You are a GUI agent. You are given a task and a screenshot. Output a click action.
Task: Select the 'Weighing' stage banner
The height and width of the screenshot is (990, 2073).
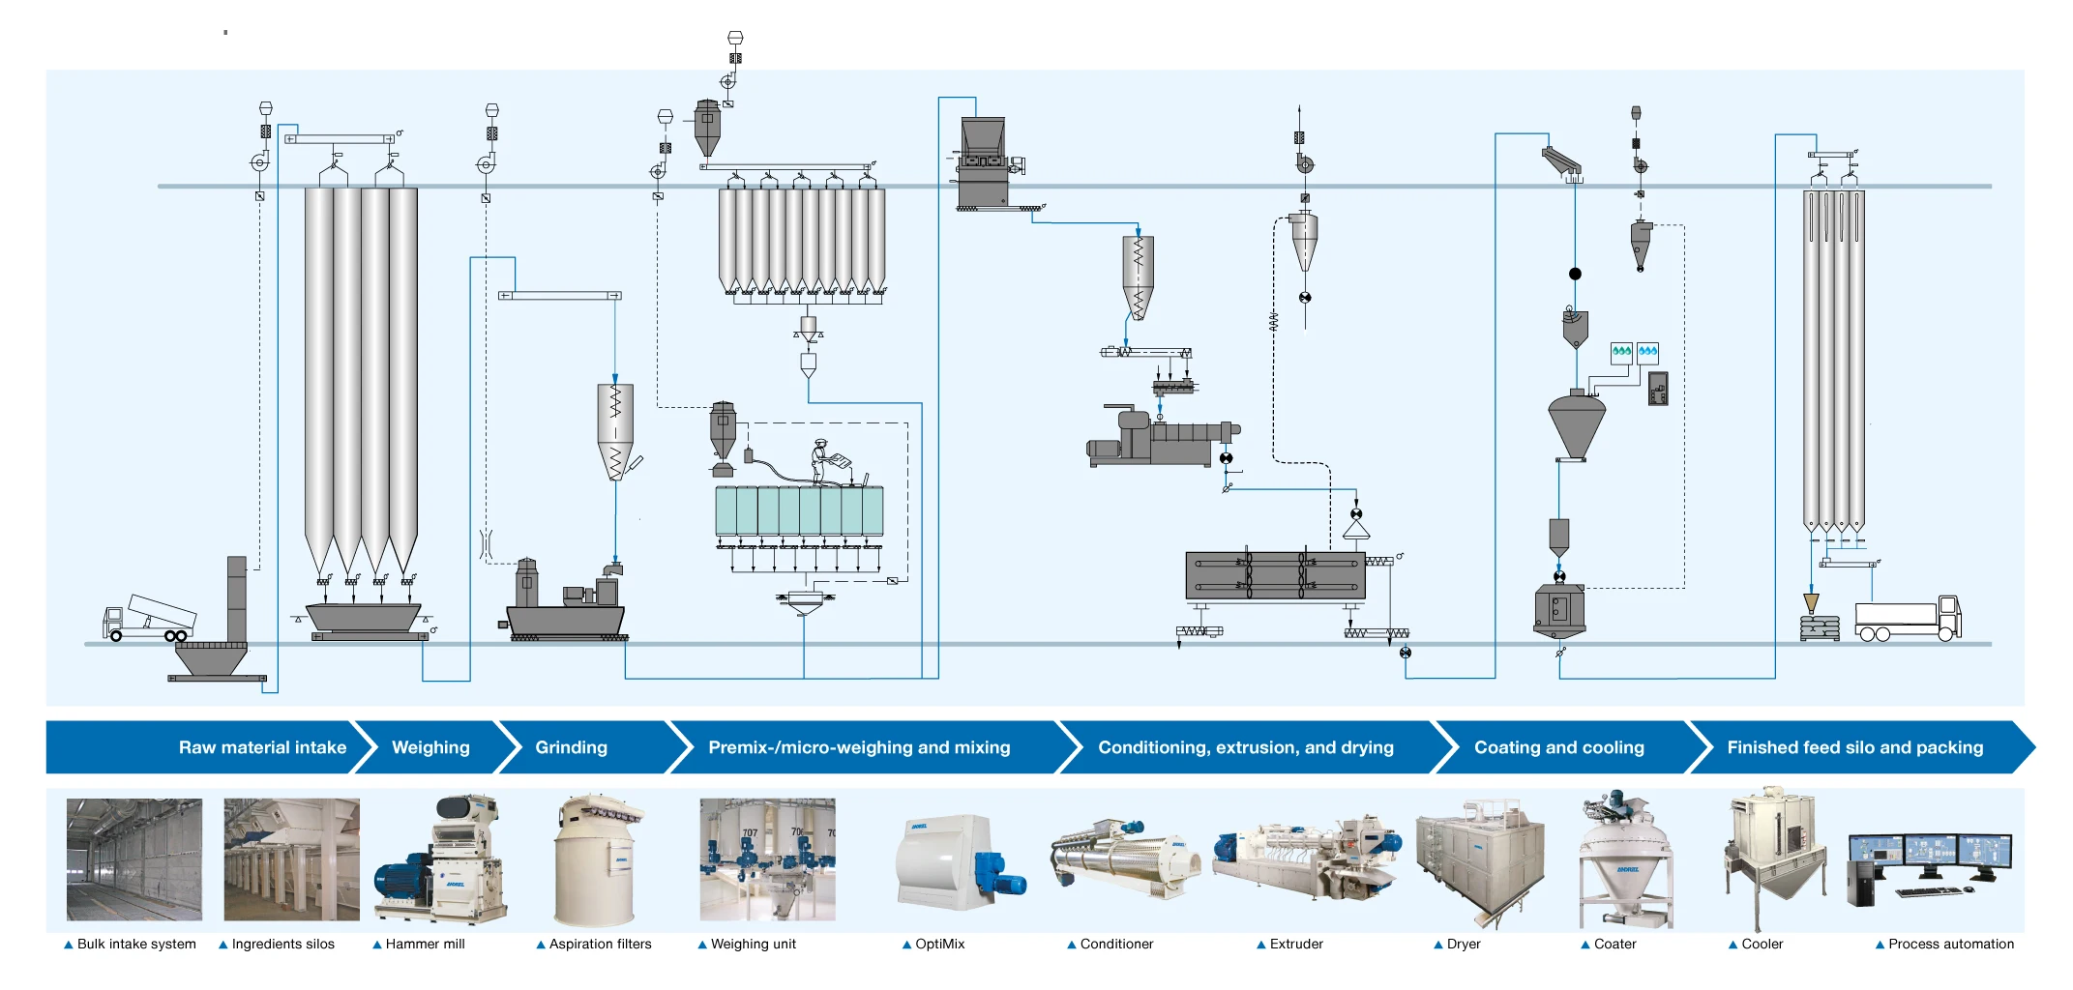point(430,747)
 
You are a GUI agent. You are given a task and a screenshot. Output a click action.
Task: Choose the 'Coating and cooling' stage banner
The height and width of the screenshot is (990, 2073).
point(1559,747)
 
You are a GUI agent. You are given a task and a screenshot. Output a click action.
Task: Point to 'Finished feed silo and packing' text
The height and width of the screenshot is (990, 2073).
point(1854,747)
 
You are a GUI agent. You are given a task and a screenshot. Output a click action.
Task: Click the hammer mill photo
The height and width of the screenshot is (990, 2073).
point(441,859)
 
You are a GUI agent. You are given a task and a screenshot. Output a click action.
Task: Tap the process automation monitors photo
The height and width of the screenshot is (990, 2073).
point(1929,866)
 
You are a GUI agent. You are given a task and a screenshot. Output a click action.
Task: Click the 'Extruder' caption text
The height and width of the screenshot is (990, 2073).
point(1296,944)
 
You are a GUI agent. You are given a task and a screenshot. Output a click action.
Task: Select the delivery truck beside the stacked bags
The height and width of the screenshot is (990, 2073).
point(1908,620)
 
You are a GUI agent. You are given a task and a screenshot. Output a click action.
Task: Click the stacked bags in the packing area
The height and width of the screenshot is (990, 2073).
point(1820,628)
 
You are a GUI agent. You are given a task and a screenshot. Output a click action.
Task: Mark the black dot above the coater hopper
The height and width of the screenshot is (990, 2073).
point(1575,274)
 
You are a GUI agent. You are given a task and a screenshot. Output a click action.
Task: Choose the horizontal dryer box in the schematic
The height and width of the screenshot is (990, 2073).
point(1275,575)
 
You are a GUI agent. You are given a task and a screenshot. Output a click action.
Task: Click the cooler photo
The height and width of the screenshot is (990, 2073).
point(1776,857)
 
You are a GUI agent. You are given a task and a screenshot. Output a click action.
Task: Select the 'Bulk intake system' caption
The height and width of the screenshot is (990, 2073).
point(136,944)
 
